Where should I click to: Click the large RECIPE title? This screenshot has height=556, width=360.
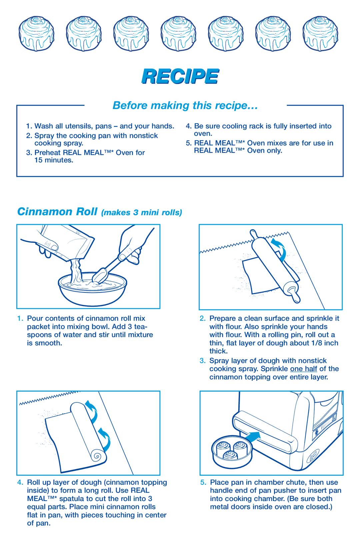(180, 76)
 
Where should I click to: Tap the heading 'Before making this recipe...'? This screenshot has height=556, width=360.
(185, 106)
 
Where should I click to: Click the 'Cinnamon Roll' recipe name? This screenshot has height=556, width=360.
(57, 212)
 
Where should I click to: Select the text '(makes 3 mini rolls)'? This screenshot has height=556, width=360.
(142, 213)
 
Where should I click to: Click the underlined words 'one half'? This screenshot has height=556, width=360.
(303, 369)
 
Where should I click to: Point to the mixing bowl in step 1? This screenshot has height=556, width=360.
(92, 290)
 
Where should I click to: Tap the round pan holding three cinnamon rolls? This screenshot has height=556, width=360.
(232, 452)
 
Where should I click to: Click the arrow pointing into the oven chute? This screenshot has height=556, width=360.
(252, 437)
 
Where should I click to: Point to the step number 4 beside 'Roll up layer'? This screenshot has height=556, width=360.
(20, 482)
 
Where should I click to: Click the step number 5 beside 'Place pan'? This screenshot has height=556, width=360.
(203, 482)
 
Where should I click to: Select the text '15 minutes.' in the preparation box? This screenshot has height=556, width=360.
(54, 160)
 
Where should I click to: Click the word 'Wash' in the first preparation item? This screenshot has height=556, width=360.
(44, 126)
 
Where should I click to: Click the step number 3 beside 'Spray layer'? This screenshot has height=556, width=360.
(202, 361)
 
